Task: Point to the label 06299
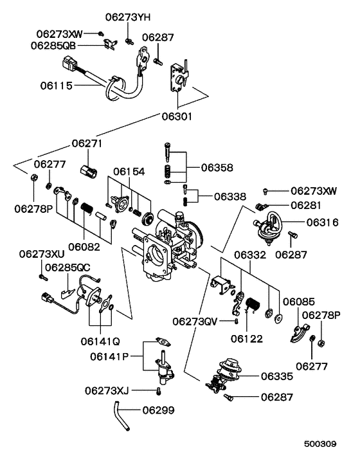coord(159,410)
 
